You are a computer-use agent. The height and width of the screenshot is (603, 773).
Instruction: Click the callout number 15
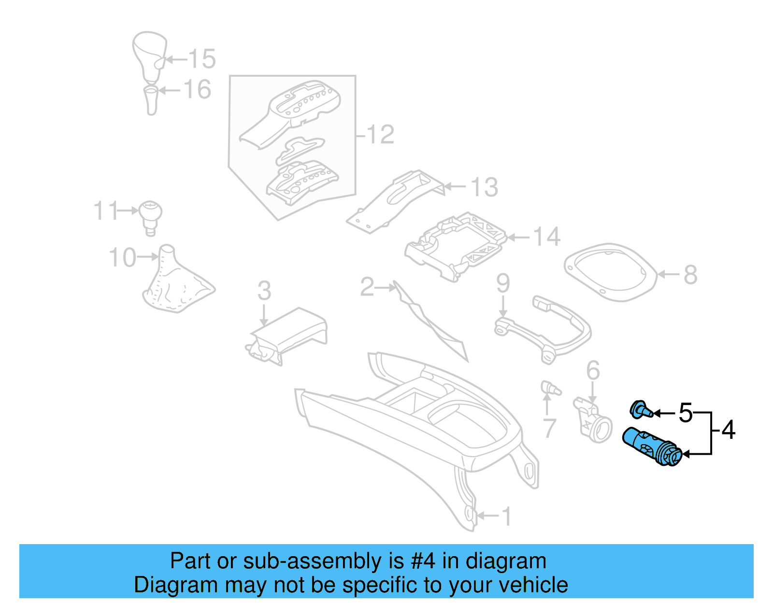click(202, 59)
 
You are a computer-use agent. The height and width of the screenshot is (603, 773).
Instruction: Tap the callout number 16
click(198, 90)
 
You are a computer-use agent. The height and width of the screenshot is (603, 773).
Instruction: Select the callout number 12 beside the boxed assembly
click(381, 135)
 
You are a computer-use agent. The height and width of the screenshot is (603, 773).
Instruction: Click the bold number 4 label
click(729, 430)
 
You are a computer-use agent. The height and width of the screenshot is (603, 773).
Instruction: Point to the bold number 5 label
click(685, 413)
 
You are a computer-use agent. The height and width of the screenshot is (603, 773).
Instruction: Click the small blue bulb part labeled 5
click(641, 410)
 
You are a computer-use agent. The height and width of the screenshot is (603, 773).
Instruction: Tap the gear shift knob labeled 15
click(149, 56)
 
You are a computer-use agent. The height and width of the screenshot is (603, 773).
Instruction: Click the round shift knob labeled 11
click(150, 216)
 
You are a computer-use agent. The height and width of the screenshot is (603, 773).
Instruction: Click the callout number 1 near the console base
click(506, 517)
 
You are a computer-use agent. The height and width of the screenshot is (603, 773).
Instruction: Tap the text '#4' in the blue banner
click(424, 561)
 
